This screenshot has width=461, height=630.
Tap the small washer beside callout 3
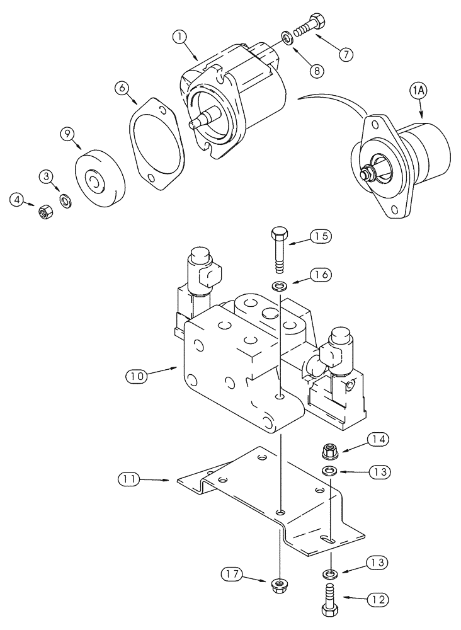(x=65, y=201)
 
